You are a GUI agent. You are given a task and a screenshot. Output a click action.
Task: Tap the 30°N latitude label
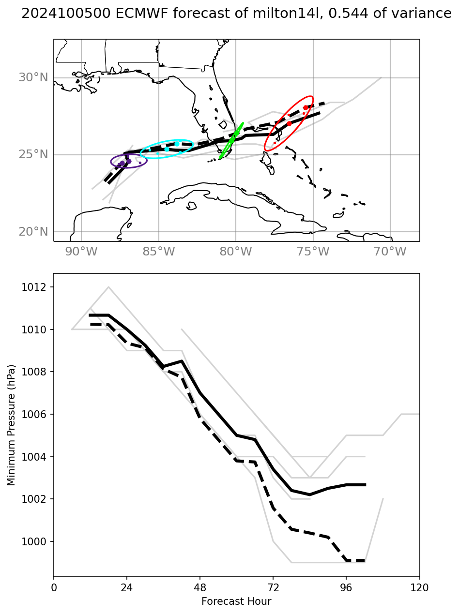[x=33, y=77]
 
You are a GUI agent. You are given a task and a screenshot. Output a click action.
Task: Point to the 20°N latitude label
[x=33, y=232]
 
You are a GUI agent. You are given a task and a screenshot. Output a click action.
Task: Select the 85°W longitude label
[x=159, y=252]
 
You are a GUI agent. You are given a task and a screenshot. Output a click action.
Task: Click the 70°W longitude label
[x=391, y=252]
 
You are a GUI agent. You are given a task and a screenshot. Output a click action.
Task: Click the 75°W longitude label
[x=313, y=252]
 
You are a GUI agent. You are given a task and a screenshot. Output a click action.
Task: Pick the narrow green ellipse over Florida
[x=231, y=140]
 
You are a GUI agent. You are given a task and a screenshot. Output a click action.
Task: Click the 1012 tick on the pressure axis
[x=37, y=287]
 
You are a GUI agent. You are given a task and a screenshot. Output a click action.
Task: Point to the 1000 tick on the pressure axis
[x=37, y=541]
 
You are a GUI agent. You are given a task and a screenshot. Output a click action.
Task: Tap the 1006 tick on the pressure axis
[x=37, y=415]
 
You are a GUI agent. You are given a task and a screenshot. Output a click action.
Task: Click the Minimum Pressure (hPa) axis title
[x=11, y=425]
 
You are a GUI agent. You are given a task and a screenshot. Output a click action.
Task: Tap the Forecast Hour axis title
[x=236, y=601]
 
